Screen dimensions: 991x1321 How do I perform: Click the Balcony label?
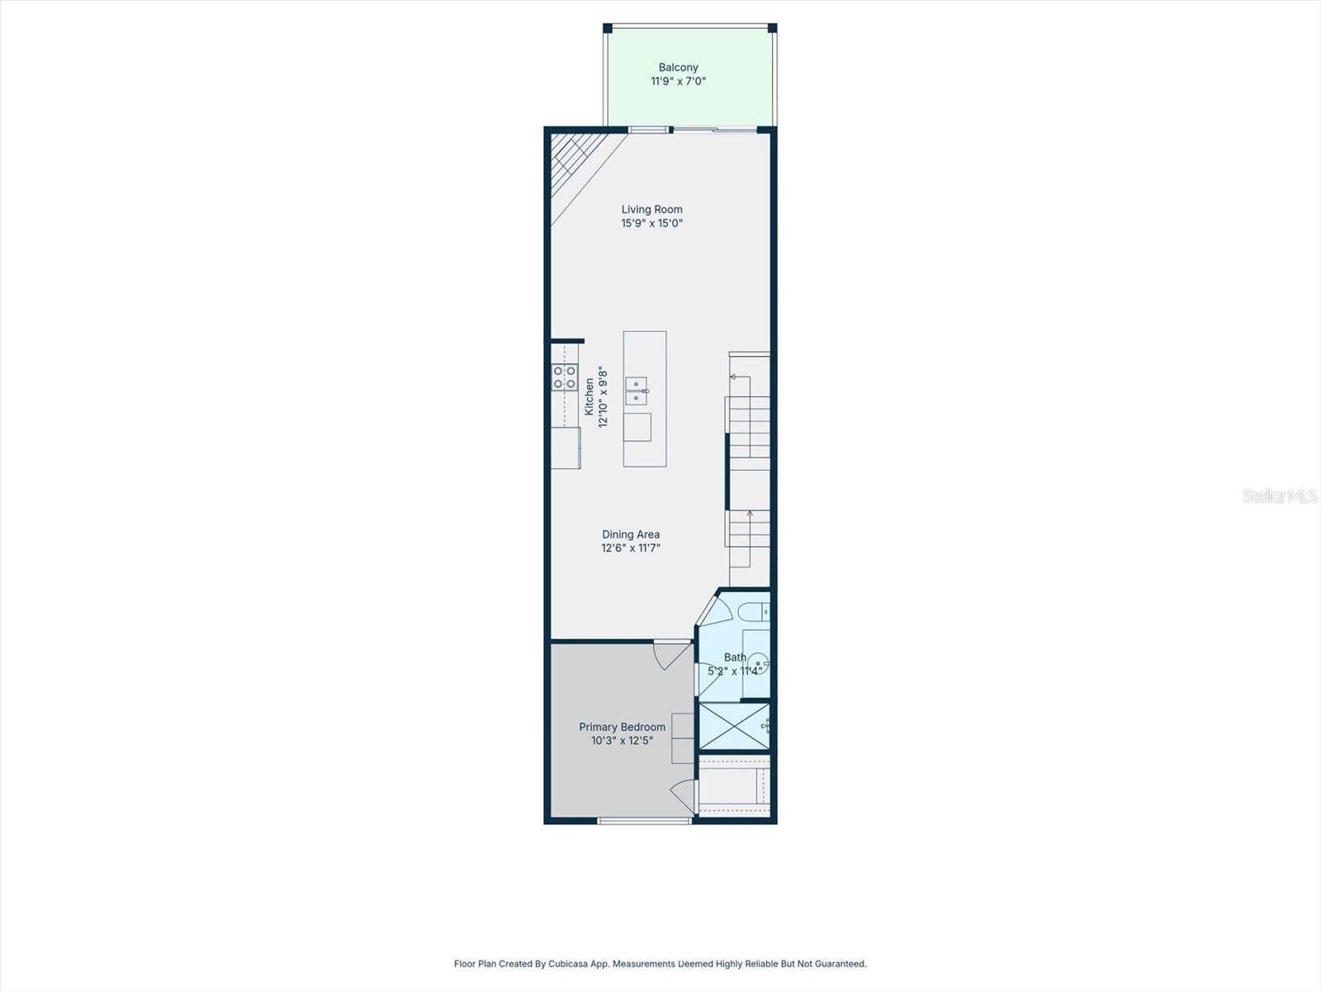pyautogui.click(x=678, y=68)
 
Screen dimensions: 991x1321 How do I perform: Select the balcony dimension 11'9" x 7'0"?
pyautogui.click(x=678, y=81)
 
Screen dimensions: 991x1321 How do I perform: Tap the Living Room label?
pyautogui.click(x=651, y=210)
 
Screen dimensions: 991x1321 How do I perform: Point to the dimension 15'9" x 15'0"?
pyautogui.click(x=651, y=223)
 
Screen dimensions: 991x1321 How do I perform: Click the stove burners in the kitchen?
pyautogui.click(x=565, y=377)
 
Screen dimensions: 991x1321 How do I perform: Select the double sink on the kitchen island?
pyautogui.click(x=636, y=391)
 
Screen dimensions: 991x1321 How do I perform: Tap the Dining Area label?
pyautogui.click(x=630, y=534)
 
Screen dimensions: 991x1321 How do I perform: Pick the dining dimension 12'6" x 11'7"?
pyautogui.click(x=630, y=548)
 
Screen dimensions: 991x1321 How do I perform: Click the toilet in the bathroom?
pyautogui.click(x=752, y=612)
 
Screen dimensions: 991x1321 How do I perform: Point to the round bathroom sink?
pyautogui.click(x=759, y=662)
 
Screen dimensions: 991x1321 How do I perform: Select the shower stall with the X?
pyautogui.click(x=733, y=726)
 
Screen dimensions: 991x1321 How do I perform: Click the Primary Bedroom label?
pyautogui.click(x=622, y=727)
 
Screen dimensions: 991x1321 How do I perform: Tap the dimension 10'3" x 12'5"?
pyautogui.click(x=622, y=741)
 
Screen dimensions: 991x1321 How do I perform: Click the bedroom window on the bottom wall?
pyautogui.click(x=644, y=821)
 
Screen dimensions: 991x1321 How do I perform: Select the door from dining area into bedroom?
pyautogui.click(x=672, y=655)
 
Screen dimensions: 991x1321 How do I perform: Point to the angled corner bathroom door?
pyautogui.click(x=713, y=609)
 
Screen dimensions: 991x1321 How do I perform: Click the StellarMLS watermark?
pyautogui.click(x=1280, y=496)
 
